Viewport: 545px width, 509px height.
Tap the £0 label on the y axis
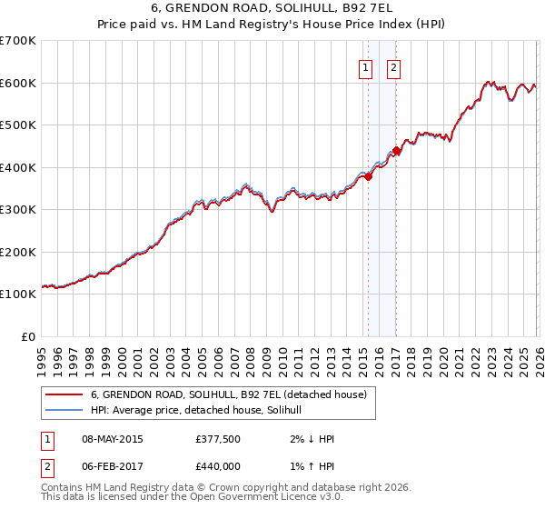pyautogui.click(x=27, y=336)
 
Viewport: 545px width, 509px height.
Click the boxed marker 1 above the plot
pyautogui.click(x=365, y=67)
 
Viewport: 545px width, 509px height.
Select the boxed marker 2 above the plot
pyautogui.click(x=394, y=67)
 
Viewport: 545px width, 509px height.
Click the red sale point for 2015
pyautogui.click(x=369, y=177)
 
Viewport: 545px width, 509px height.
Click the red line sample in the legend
pyautogui.click(x=64, y=394)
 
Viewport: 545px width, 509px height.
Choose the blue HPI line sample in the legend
pyautogui.click(x=64, y=411)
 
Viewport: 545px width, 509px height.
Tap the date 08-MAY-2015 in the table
pyautogui.click(x=113, y=439)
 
